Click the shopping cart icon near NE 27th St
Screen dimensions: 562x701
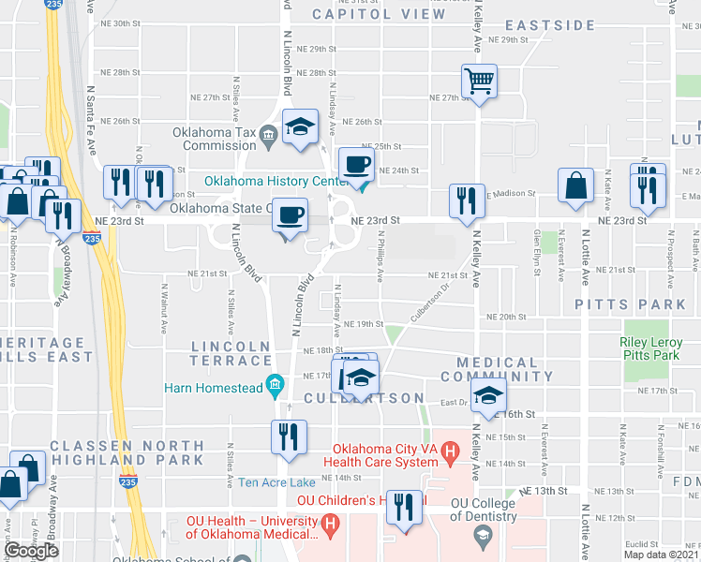[479, 82]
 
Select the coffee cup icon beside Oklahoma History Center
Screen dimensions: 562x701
[356, 167]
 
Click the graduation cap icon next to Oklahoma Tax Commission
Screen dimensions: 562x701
[299, 128]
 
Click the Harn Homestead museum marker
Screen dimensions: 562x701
[275, 383]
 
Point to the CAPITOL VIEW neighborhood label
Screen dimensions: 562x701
[380, 14]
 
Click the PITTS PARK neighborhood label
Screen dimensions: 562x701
[631, 304]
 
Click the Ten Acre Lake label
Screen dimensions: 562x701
[276, 482]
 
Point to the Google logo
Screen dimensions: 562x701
[31, 551]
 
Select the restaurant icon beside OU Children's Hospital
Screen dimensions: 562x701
[404, 510]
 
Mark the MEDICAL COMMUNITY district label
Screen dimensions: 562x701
[504, 369]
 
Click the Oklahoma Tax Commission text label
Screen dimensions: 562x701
[219, 139]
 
